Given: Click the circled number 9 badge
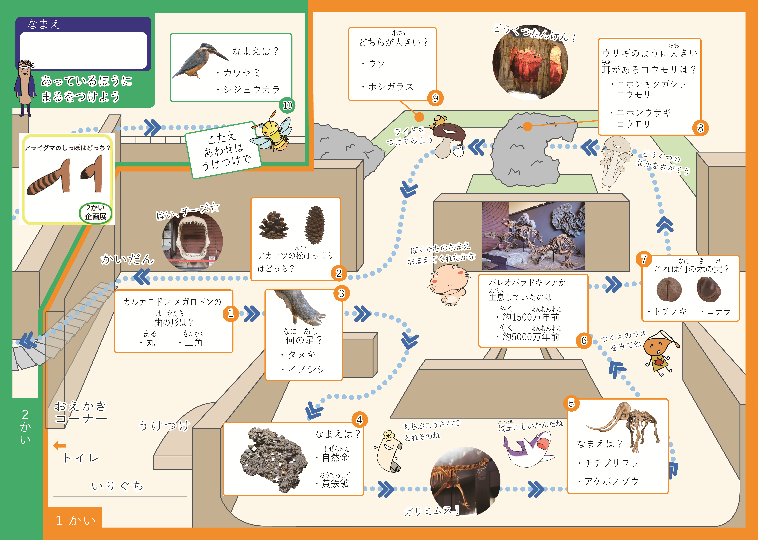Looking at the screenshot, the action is pos(435,98).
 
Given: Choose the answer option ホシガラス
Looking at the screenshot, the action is pos(388,87).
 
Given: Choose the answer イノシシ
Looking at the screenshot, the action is pos(303,369).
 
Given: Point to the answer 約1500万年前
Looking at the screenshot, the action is pos(528,317).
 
